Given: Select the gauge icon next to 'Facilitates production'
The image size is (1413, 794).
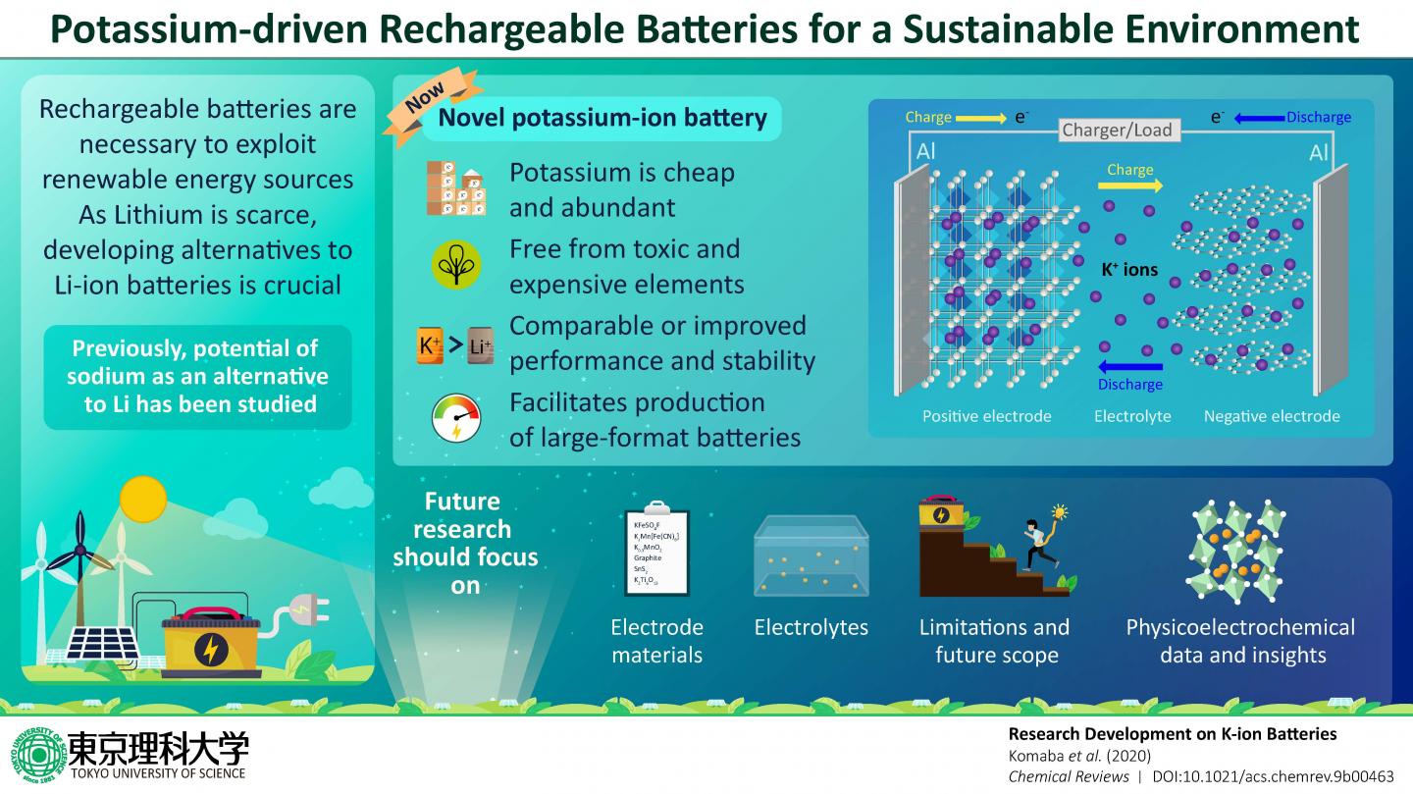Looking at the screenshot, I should point(456,417).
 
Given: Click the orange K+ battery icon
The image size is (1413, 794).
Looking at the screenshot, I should point(431,344).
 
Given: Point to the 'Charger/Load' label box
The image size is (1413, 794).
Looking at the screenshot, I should point(1117,131).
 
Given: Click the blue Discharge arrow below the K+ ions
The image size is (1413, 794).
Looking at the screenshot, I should point(1129,365).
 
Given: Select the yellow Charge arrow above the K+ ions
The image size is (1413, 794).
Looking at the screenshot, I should point(1130,185).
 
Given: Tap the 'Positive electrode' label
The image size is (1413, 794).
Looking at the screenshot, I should point(986,416).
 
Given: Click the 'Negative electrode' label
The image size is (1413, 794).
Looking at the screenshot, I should point(1272,416).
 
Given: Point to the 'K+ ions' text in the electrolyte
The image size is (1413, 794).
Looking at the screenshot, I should point(1129,269).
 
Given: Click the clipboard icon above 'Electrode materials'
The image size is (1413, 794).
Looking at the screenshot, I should point(656,551).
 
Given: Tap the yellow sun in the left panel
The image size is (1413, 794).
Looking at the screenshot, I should point(144,499).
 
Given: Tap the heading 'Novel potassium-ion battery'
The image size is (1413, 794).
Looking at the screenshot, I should point(602,119).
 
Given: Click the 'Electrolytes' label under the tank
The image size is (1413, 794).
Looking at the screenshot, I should point(811,627).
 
